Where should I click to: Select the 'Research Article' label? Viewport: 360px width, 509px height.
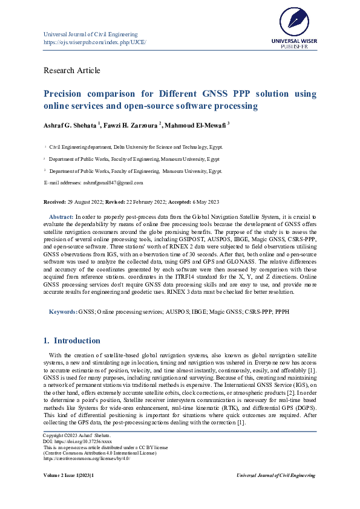tap(72, 70)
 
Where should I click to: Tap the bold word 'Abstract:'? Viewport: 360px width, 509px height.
tap(61, 216)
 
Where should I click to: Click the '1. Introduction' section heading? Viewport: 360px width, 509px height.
tap(72, 340)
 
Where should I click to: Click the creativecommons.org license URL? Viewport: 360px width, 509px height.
tap(87, 458)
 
